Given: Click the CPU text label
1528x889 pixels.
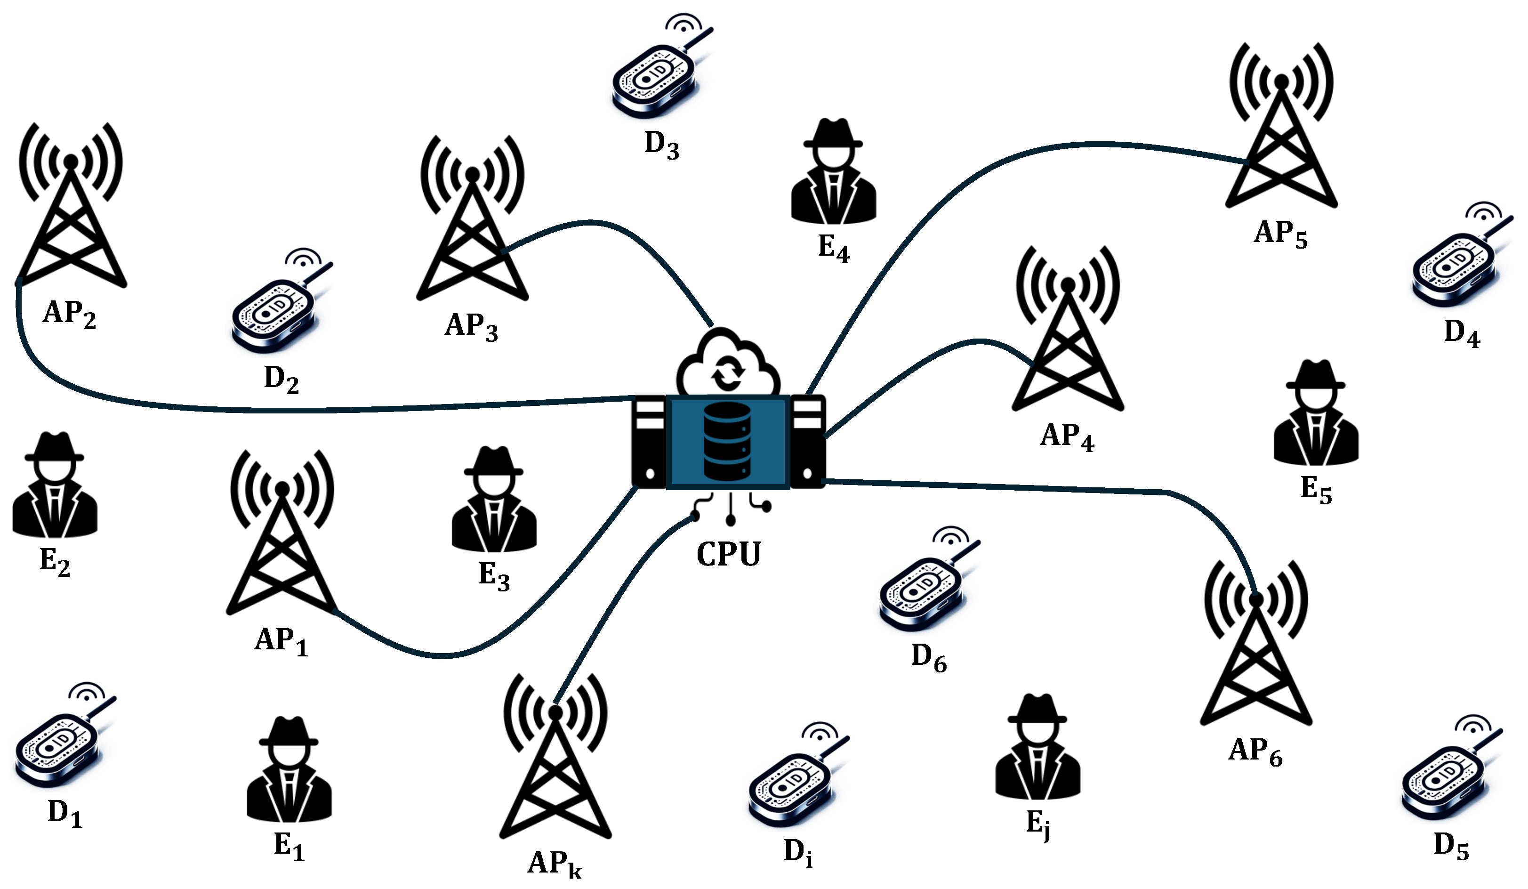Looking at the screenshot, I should [x=728, y=554].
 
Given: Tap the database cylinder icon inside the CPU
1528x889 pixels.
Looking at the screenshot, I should [x=727, y=442].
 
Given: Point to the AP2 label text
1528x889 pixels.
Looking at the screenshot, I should [x=69, y=314].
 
